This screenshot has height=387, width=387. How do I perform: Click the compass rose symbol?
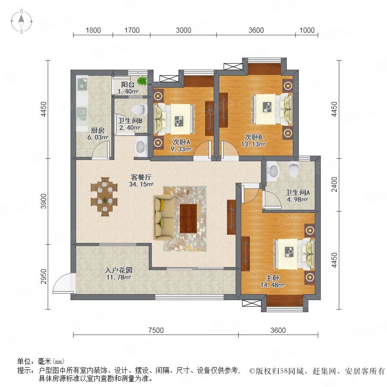tap(21, 21)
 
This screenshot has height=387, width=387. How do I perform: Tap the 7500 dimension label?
tap(156, 330)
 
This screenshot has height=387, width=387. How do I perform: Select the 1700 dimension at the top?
tap(132, 30)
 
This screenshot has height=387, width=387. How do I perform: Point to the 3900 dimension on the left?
tap(43, 201)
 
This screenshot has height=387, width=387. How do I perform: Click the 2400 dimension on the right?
tap(334, 184)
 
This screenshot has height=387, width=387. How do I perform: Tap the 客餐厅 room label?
tap(141, 177)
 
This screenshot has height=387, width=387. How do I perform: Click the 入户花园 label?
tap(119, 270)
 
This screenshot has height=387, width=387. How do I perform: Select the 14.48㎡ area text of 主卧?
tap(273, 285)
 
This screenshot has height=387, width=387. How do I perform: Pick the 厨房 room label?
tap(98, 130)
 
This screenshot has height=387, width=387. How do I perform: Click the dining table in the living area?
tap(104, 197)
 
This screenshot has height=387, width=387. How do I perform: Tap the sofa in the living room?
tap(163, 217)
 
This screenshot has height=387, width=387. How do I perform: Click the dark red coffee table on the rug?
tap(188, 218)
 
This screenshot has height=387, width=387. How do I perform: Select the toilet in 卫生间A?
tap(294, 169)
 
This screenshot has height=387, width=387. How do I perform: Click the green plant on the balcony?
tap(141, 81)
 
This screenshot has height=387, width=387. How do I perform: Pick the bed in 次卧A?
tap(174, 120)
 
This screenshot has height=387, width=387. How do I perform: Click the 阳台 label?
tap(128, 84)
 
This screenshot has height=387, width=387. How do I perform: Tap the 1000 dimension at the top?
tap(307, 30)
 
